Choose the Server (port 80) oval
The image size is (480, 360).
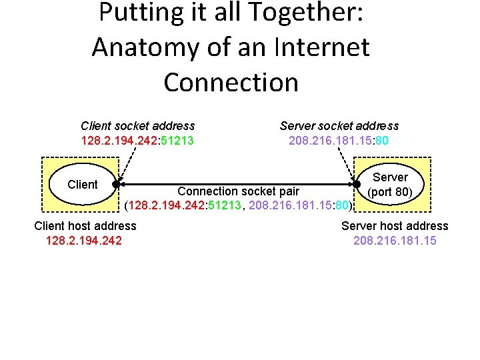tap(390, 185)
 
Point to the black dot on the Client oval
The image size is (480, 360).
tap(116, 185)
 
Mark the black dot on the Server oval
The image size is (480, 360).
tap(357, 185)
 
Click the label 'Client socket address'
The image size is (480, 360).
tap(137, 125)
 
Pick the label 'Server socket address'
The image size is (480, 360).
tap(339, 125)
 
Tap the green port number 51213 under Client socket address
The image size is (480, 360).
tap(176, 141)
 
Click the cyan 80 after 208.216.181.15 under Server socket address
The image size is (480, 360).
tap(382, 141)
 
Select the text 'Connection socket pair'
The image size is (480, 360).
tap(238, 191)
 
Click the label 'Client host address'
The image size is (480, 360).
tap(85, 226)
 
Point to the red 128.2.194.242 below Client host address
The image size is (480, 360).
tap(83, 240)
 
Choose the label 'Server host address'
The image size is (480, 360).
tap(395, 226)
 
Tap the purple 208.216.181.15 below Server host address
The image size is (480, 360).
tap(395, 240)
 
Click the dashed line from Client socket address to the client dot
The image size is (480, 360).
tap(123, 164)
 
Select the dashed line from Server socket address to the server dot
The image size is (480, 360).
tap(347, 164)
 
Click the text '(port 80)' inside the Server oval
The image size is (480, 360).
tap(390, 192)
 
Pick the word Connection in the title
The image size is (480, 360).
tap(231, 82)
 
